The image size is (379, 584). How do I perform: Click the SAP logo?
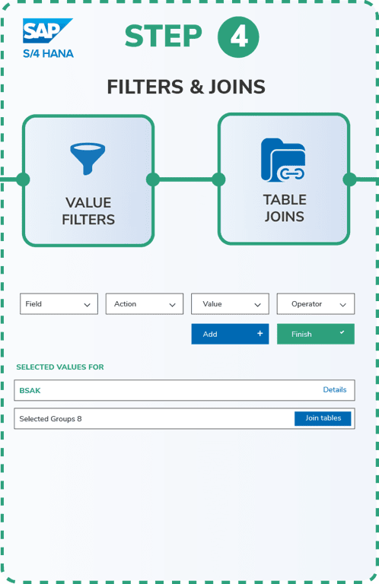pyautogui.click(x=47, y=30)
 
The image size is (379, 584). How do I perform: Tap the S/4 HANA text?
pyautogui.click(x=49, y=54)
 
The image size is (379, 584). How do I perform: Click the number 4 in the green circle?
pyautogui.click(x=238, y=36)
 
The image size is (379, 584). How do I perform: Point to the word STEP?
pyautogui.click(x=163, y=36)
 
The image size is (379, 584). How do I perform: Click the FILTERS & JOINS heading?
pyautogui.click(x=186, y=87)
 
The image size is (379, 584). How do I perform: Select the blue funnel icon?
pyautogui.click(x=88, y=158)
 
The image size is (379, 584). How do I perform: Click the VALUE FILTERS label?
pyautogui.click(x=88, y=211)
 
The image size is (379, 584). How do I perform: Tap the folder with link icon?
pyautogui.click(x=283, y=160)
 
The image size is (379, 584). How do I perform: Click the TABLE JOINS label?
pyautogui.click(x=285, y=208)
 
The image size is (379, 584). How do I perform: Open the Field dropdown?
pyautogui.click(x=59, y=304)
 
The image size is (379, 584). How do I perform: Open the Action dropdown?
pyautogui.click(x=145, y=304)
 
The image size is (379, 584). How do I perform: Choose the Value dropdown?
pyautogui.click(x=230, y=304)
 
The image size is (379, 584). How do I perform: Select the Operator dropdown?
pyautogui.click(x=316, y=304)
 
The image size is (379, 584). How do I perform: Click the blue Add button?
pyautogui.click(x=230, y=334)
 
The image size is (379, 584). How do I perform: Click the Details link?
pyautogui.click(x=335, y=389)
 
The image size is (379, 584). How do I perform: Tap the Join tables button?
pyautogui.click(x=323, y=418)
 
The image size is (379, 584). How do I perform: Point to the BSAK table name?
pyautogui.click(x=30, y=391)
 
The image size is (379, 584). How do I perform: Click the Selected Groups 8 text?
pyautogui.click(x=50, y=419)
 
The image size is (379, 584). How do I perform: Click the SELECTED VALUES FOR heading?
pyautogui.click(x=60, y=367)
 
